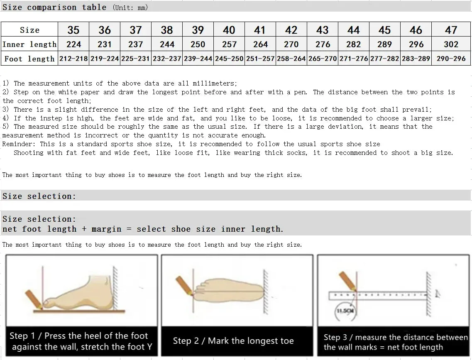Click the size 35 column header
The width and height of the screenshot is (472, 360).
pos(73,30)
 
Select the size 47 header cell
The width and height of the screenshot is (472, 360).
pos(451,30)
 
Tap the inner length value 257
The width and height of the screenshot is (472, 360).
pos(229,44)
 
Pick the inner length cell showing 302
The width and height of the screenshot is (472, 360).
pos(451,44)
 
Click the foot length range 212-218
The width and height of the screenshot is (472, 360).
pos(73,59)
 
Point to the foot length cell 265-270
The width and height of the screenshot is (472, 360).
pos(323,59)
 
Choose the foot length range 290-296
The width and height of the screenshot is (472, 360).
pos(451,59)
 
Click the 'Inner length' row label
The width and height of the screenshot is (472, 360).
pos(29,44)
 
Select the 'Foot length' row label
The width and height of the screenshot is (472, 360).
pos(29,59)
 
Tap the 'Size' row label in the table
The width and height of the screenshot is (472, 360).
pos(29,30)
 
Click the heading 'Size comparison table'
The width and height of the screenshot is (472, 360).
pos(54,7)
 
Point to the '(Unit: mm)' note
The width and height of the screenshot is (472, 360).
pos(130,7)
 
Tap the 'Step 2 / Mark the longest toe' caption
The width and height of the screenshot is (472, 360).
pos(233,341)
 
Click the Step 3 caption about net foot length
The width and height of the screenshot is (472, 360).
pos(395,342)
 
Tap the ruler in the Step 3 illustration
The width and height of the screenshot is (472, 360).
pos(378,296)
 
